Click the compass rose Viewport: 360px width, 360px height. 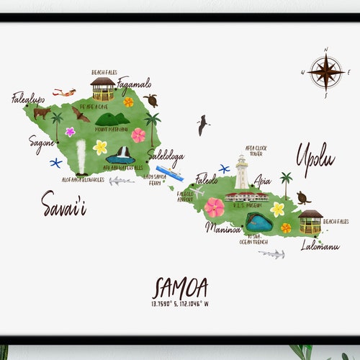[325, 72]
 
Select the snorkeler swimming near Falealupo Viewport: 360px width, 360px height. [65, 92]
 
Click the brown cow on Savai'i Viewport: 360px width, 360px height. [42, 112]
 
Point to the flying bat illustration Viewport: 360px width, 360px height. [79, 114]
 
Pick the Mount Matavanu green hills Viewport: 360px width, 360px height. [112, 119]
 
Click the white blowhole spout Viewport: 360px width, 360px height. [81, 156]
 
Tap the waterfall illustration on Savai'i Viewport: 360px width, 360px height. [124, 153]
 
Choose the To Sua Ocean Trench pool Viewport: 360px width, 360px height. [258, 222]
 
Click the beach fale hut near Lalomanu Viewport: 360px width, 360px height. [310, 221]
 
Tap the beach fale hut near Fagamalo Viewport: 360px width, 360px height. [103, 89]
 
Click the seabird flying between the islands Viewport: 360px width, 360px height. [204, 125]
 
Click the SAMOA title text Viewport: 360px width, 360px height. [180, 289]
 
